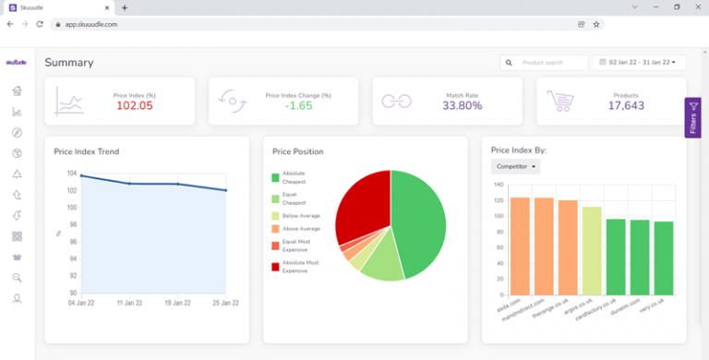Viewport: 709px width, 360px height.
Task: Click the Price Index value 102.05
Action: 134,106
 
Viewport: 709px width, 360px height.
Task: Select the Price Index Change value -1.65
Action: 298,106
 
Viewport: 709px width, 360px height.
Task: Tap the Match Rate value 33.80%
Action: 463,106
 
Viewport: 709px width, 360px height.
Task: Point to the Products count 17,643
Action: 626,106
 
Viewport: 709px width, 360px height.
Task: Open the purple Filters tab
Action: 693,118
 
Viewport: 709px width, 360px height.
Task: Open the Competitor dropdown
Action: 515,166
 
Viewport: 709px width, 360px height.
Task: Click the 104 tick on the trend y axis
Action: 71,174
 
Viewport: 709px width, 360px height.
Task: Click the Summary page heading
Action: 69,63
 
